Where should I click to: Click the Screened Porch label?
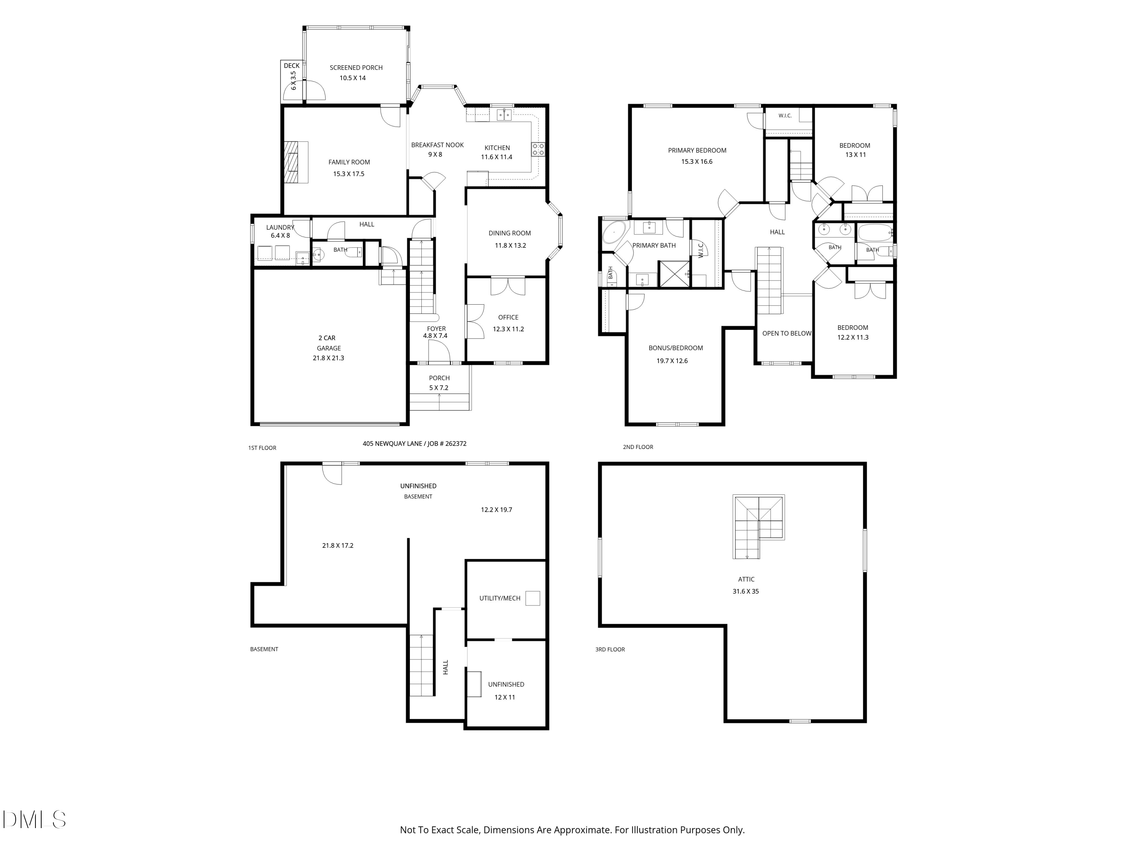click(x=356, y=67)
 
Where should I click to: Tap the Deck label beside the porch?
click(x=292, y=66)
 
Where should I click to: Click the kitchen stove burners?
click(x=538, y=150)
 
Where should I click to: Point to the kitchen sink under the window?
click(x=505, y=115)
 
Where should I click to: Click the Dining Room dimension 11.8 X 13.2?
click(x=510, y=245)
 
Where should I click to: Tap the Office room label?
click(x=508, y=317)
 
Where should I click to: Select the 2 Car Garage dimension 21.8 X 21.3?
click(x=328, y=358)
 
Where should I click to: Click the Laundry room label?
click(x=280, y=227)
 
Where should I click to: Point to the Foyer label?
click(x=436, y=328)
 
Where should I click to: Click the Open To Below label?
click(x=787, y=333)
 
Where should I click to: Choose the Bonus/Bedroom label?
click(x=676, y=348)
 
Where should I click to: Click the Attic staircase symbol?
click(x=758, y=526)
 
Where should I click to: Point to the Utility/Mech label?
click(x=500, y=598)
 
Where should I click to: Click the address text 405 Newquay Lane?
click(x=392, y=444)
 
